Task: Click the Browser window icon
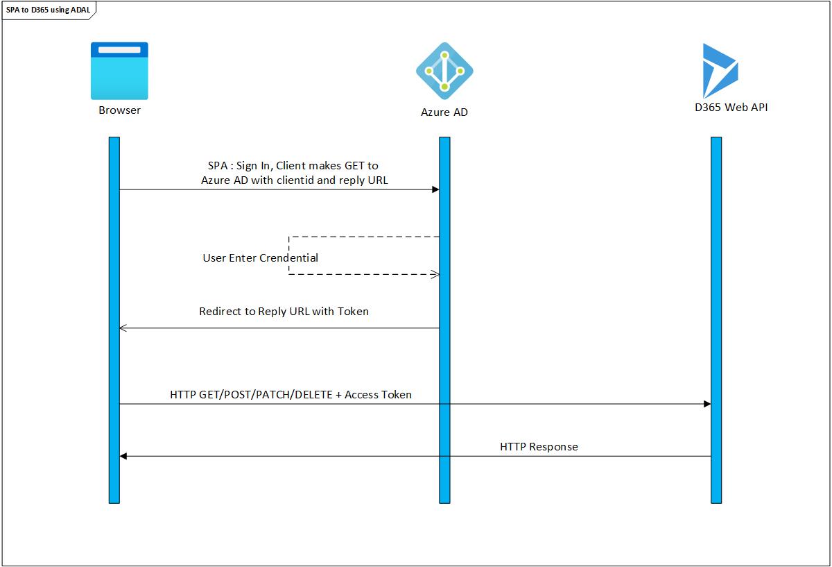[119, 71]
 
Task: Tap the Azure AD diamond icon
[444, 71]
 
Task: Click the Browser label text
[119, 110]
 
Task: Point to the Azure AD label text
[444, 112]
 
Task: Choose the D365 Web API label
[725, 107]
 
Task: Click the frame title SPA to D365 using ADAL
[49, 10]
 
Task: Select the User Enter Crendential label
[260, 258]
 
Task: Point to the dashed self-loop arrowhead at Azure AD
[435, 274]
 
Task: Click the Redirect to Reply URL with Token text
[284, 312]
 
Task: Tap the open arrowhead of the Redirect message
[123, 328]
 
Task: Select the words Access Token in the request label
[378, 395]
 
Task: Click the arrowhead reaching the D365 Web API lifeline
[707, 404]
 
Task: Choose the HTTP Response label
[539, 447]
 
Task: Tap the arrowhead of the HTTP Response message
[123, 456]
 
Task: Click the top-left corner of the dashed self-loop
[288, 237]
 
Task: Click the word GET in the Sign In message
[356, 166]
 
